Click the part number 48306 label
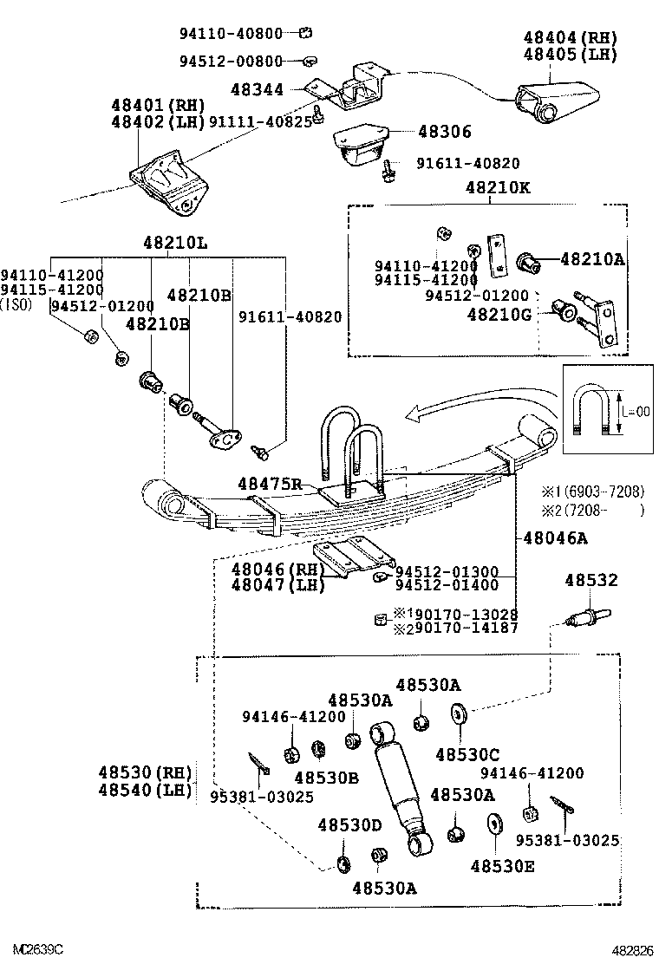[444, 132]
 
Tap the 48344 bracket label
[257, 88]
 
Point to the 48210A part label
[591, 258]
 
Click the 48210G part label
[499, 314]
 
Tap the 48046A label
[555, 538]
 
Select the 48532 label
[591, 580]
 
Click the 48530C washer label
[467, 755]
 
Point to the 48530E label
[503, 864]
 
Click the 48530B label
[326, 778]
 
